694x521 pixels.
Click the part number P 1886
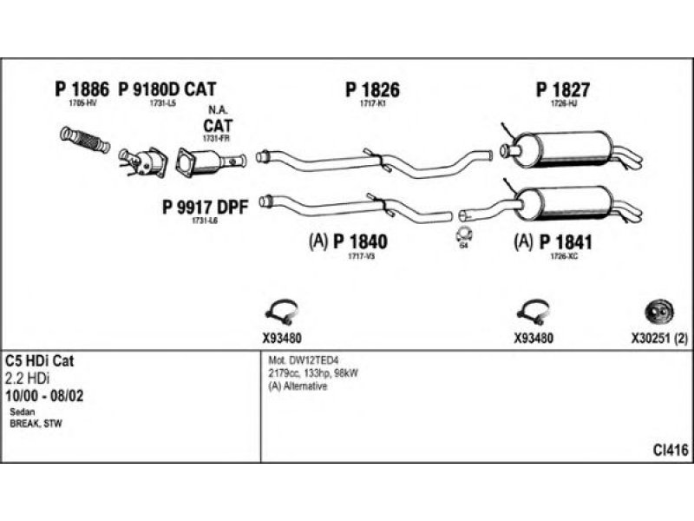82,89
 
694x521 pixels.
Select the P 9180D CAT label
167,89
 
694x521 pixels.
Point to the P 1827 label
563,89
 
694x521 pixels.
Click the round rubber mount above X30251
657,310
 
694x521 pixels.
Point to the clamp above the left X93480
281,310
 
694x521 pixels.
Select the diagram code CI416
671,449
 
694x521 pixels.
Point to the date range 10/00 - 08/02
49,396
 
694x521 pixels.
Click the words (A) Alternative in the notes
298,386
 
